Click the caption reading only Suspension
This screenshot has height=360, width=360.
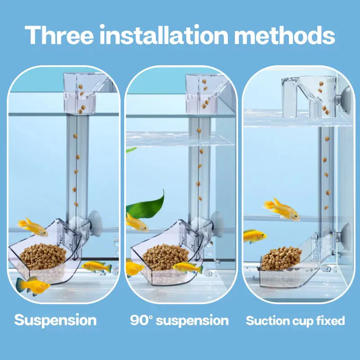[55, 320]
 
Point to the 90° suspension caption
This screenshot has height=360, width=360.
[179, 320]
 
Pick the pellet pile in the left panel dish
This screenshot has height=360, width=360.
[43, 256]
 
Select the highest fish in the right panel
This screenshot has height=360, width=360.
[282, 209]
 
